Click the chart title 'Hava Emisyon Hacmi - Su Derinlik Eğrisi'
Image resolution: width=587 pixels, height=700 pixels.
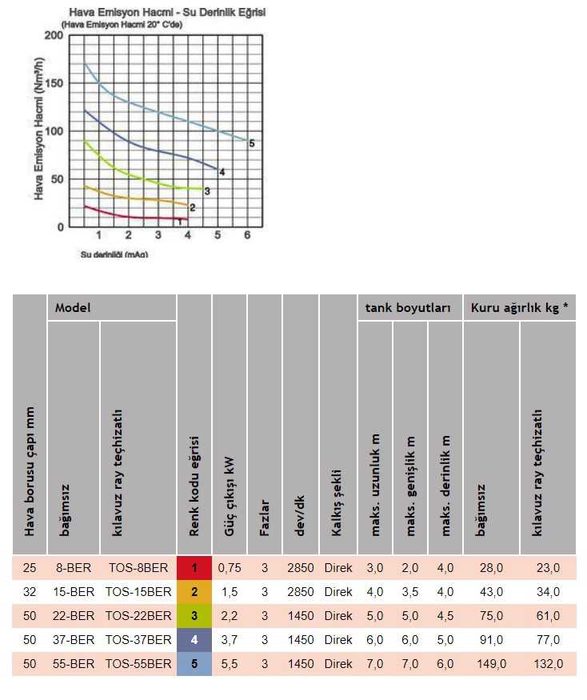167,13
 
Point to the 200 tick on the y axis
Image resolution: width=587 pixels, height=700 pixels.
53,36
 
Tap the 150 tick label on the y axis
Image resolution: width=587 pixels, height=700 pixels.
53,83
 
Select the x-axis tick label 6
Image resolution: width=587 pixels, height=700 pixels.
247,235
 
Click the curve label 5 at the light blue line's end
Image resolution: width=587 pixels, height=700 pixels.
251,143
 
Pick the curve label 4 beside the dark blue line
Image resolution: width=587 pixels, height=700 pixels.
222,172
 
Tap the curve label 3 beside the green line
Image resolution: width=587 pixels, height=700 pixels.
207,191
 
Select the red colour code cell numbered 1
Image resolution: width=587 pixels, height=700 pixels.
194,568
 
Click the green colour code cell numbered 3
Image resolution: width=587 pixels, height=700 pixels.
194,616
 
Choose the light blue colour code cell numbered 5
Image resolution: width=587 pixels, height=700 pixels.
194,664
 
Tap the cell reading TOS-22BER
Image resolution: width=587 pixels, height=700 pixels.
138,616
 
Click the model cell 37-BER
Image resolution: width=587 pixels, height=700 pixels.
74,640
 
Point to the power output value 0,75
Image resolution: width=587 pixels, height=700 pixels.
229,568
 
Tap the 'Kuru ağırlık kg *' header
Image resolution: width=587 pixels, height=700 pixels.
519,307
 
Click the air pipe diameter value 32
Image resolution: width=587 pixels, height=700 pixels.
30,592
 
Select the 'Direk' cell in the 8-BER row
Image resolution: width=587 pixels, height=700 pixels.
337,568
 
